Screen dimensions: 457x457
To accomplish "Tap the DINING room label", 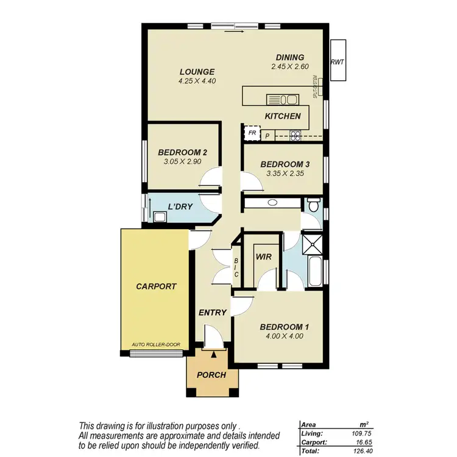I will [x=289, y=58].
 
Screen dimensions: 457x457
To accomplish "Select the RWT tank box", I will [x=337, y=61].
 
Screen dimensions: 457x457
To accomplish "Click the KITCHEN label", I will [x=283, y=116].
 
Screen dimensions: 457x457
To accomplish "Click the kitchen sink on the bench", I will [x=281, y=99].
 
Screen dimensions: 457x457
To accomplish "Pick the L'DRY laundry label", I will [x=181, y=207].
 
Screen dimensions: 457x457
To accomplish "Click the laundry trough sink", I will [x=160, y=215].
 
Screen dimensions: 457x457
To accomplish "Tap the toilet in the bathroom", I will [x=313, y=205].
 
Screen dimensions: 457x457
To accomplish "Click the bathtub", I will [x=315, y=272].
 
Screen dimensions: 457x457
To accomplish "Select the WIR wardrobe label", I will [x=263, y=257].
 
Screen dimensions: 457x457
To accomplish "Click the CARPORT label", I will [x=156, y=286].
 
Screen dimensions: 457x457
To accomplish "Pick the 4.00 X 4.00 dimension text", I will [x=285, y=336].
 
